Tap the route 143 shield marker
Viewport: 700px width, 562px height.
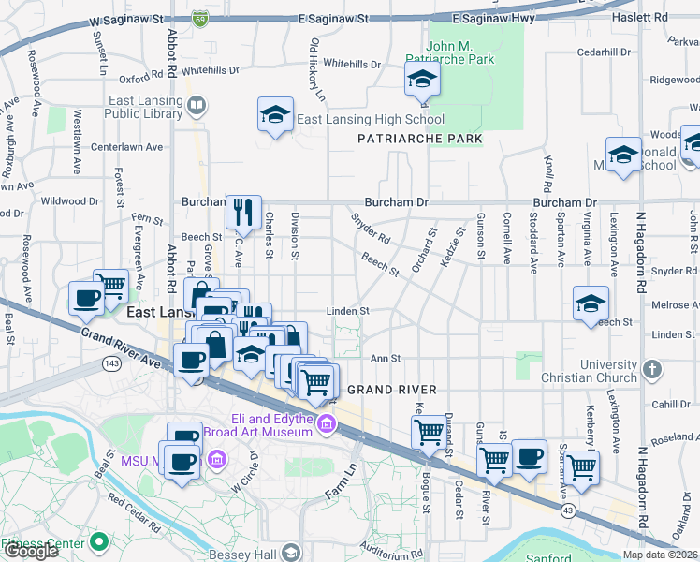tap(113, 362)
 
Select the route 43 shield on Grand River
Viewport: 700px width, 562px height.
tap(569, 509)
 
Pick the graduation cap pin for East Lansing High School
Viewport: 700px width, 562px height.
tap(275, 114)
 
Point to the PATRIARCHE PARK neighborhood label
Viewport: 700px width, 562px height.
tap(420, 139)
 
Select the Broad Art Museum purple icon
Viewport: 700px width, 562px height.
tap(326, 426)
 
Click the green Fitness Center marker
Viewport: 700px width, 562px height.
tap(97, 542)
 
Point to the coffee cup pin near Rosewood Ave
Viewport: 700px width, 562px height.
tap(87, 299)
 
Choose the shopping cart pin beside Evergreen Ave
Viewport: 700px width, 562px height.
tap(111, 284)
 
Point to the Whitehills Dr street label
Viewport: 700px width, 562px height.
tap(351, 65)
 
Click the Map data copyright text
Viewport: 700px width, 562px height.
tap(660, 555)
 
